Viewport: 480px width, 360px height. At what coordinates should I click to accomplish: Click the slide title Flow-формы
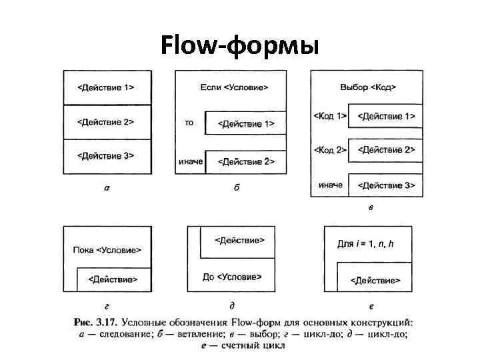[x=241, y=46]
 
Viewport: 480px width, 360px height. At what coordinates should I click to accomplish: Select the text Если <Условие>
[x=234, y=87]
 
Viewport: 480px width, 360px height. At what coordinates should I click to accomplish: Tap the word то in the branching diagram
[x=189, y=123]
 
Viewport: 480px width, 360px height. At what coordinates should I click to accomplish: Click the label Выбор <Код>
[x=368, y=87]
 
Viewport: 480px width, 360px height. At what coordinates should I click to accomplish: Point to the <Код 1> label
[x=330, y=116]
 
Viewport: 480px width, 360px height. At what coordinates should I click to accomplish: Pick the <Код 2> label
[x=330, y=150]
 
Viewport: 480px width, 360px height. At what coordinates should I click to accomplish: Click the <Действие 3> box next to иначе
[x=386, y=185]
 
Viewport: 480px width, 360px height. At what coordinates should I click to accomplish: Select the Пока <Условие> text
[x=107, y=250]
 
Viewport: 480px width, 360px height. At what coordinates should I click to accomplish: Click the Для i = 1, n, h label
[x=365, y=245]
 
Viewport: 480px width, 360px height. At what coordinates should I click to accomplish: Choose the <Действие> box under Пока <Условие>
[x=113, y=279]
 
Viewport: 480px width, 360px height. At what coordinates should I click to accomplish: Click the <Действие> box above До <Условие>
[x=239, y=240]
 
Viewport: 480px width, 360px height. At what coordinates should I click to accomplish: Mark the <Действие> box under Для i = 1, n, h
[x=375, y=280]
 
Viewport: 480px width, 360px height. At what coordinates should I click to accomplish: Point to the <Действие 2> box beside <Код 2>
[x=386, y=150]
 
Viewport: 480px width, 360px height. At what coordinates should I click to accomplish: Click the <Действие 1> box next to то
[x=246, y=123]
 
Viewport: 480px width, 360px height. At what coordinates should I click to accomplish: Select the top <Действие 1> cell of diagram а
[x=106, y=87]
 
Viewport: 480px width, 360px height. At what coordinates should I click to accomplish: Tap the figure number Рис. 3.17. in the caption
[x=92, y=324]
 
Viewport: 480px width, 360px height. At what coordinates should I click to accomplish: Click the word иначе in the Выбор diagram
[x=331, y=185]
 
